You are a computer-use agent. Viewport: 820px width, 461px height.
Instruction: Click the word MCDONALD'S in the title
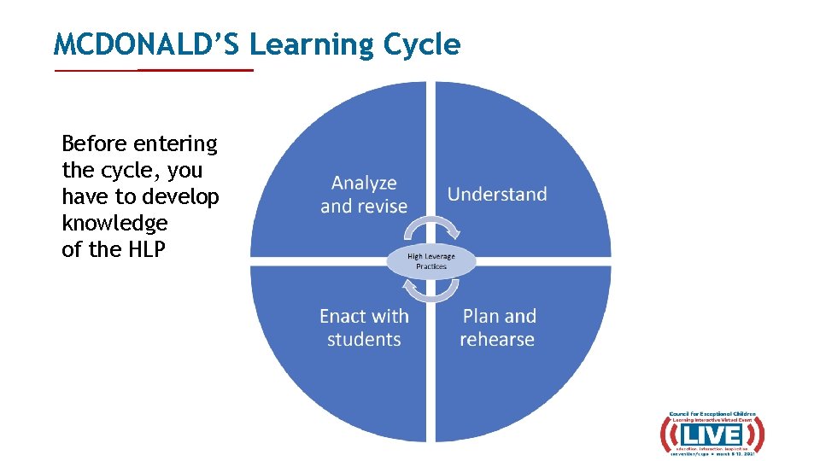147,44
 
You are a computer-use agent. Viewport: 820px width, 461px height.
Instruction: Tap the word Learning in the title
315,44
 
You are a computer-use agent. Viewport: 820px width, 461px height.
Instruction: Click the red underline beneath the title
154,70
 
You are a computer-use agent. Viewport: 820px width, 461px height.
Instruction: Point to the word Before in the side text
93,143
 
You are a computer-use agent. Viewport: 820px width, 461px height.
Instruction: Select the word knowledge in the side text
114,224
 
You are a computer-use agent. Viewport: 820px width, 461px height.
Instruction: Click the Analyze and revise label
364,195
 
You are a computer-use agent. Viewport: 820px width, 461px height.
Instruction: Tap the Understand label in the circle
497,194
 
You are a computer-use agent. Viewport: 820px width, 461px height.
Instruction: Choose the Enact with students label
364,328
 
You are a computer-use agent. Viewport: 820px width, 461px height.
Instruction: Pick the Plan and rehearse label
498,328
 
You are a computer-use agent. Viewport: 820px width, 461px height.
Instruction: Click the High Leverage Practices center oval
430,261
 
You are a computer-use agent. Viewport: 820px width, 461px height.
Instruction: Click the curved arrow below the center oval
430,292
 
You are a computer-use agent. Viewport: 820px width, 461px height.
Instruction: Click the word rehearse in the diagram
497,340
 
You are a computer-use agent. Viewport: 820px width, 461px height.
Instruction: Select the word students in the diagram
364,340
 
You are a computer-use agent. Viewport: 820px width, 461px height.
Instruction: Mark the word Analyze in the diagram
364,183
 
